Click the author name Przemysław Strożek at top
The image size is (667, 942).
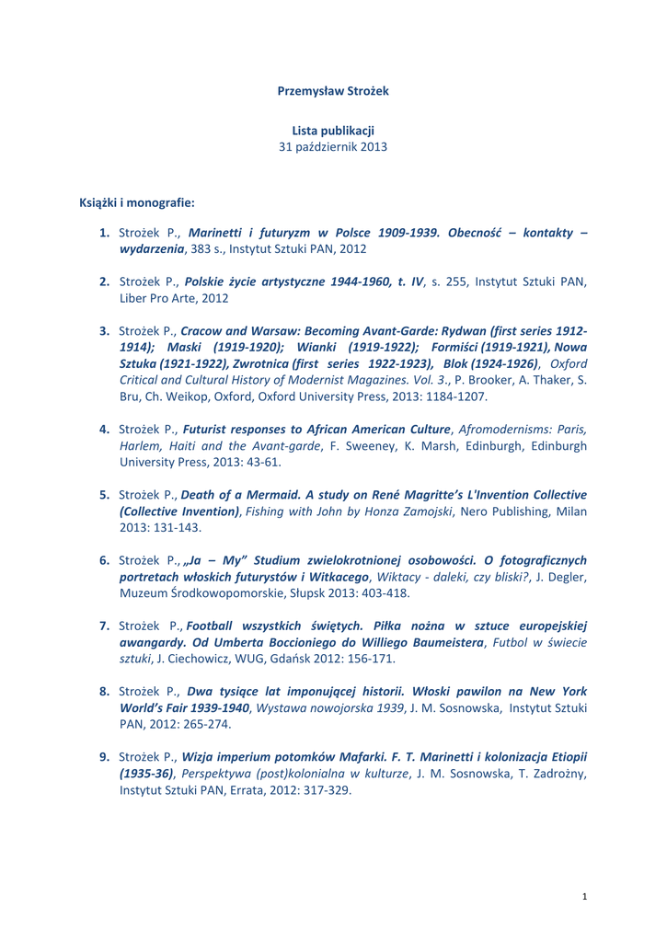coord(333,90)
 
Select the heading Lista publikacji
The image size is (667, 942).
coord(333,130)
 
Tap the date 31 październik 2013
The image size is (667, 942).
coord(333,146)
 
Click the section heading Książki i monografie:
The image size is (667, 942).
coord(136,202)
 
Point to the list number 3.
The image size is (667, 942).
coord(105,330)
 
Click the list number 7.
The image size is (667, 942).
coord(105,626)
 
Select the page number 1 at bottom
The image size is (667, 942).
coord(585,895)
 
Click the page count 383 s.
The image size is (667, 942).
coord(208,249)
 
